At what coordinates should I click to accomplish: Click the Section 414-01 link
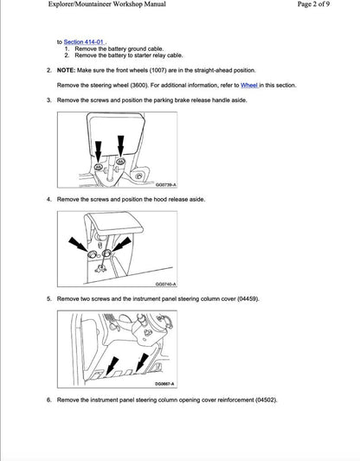[84, 41]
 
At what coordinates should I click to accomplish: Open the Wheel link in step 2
[249, 86]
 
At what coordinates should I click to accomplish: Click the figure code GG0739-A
[166, 183]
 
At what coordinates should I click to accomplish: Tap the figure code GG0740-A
[166, 283]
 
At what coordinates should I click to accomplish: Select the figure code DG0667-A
[165, 383]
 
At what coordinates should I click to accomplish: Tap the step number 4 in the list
[49, 199]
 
